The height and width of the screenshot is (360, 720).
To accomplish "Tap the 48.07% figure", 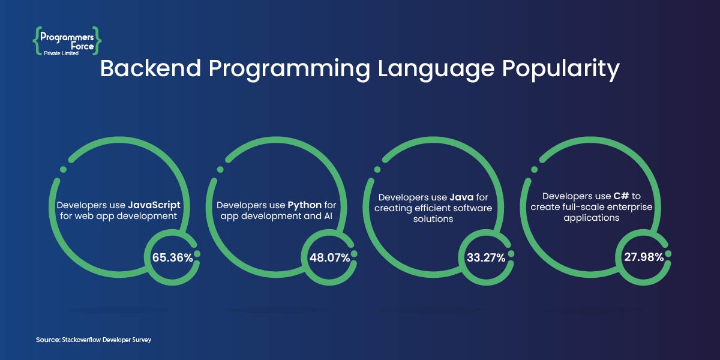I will click(329, 258).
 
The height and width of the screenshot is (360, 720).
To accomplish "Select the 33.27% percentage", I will click(487, 258).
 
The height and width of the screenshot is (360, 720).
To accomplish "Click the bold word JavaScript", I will click(154, 205).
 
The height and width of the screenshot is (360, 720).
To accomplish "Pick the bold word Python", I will click(305, 205).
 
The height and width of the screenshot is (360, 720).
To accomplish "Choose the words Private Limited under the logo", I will click(61, 53).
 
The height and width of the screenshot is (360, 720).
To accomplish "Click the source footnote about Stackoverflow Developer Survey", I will click(94, 340).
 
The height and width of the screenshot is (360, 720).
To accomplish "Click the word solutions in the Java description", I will click(431, 219).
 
